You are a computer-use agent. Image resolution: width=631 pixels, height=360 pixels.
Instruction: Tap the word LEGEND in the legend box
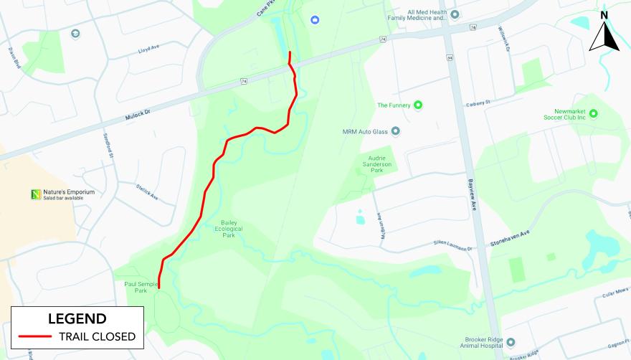point(77,318)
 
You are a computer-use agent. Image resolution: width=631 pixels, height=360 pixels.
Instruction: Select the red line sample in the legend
point(35,336)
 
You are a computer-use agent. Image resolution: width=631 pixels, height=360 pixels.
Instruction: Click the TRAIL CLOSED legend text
point(97,336)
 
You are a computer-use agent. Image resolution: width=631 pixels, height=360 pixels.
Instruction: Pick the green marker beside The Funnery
point(419,105)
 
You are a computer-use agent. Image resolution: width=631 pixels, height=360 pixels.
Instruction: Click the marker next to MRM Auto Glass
point(395,131)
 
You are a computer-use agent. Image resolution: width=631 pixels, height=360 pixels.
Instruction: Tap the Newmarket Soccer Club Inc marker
point(593,113)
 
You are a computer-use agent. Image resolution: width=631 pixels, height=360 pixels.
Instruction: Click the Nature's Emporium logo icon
point(35,194)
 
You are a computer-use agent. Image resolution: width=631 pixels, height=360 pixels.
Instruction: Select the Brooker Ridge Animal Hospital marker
point(511,342)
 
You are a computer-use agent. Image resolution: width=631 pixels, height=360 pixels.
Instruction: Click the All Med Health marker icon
point(455,14)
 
